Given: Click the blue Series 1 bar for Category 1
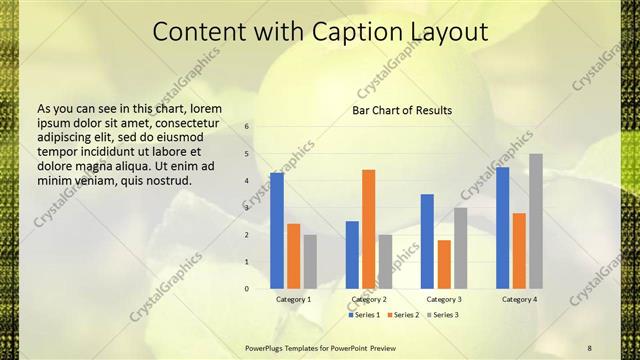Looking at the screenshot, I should [277, 231].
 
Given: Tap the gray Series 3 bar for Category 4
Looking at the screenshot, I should [536, 221].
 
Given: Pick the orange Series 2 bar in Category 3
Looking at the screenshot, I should [444, 264].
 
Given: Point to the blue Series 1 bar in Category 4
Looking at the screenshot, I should [502, 228].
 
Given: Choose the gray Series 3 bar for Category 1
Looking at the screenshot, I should [310, 262].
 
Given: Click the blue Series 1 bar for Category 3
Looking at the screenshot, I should [427, 241].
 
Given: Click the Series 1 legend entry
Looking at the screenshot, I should [362, 315].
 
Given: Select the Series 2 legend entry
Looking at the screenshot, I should [402, 315].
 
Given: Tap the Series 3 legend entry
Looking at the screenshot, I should [442, 315].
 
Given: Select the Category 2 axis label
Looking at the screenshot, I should [369, 299].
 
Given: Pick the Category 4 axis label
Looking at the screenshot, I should [519, 299].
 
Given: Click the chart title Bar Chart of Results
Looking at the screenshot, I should [402, 110].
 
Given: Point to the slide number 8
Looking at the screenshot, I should [589, 347].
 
